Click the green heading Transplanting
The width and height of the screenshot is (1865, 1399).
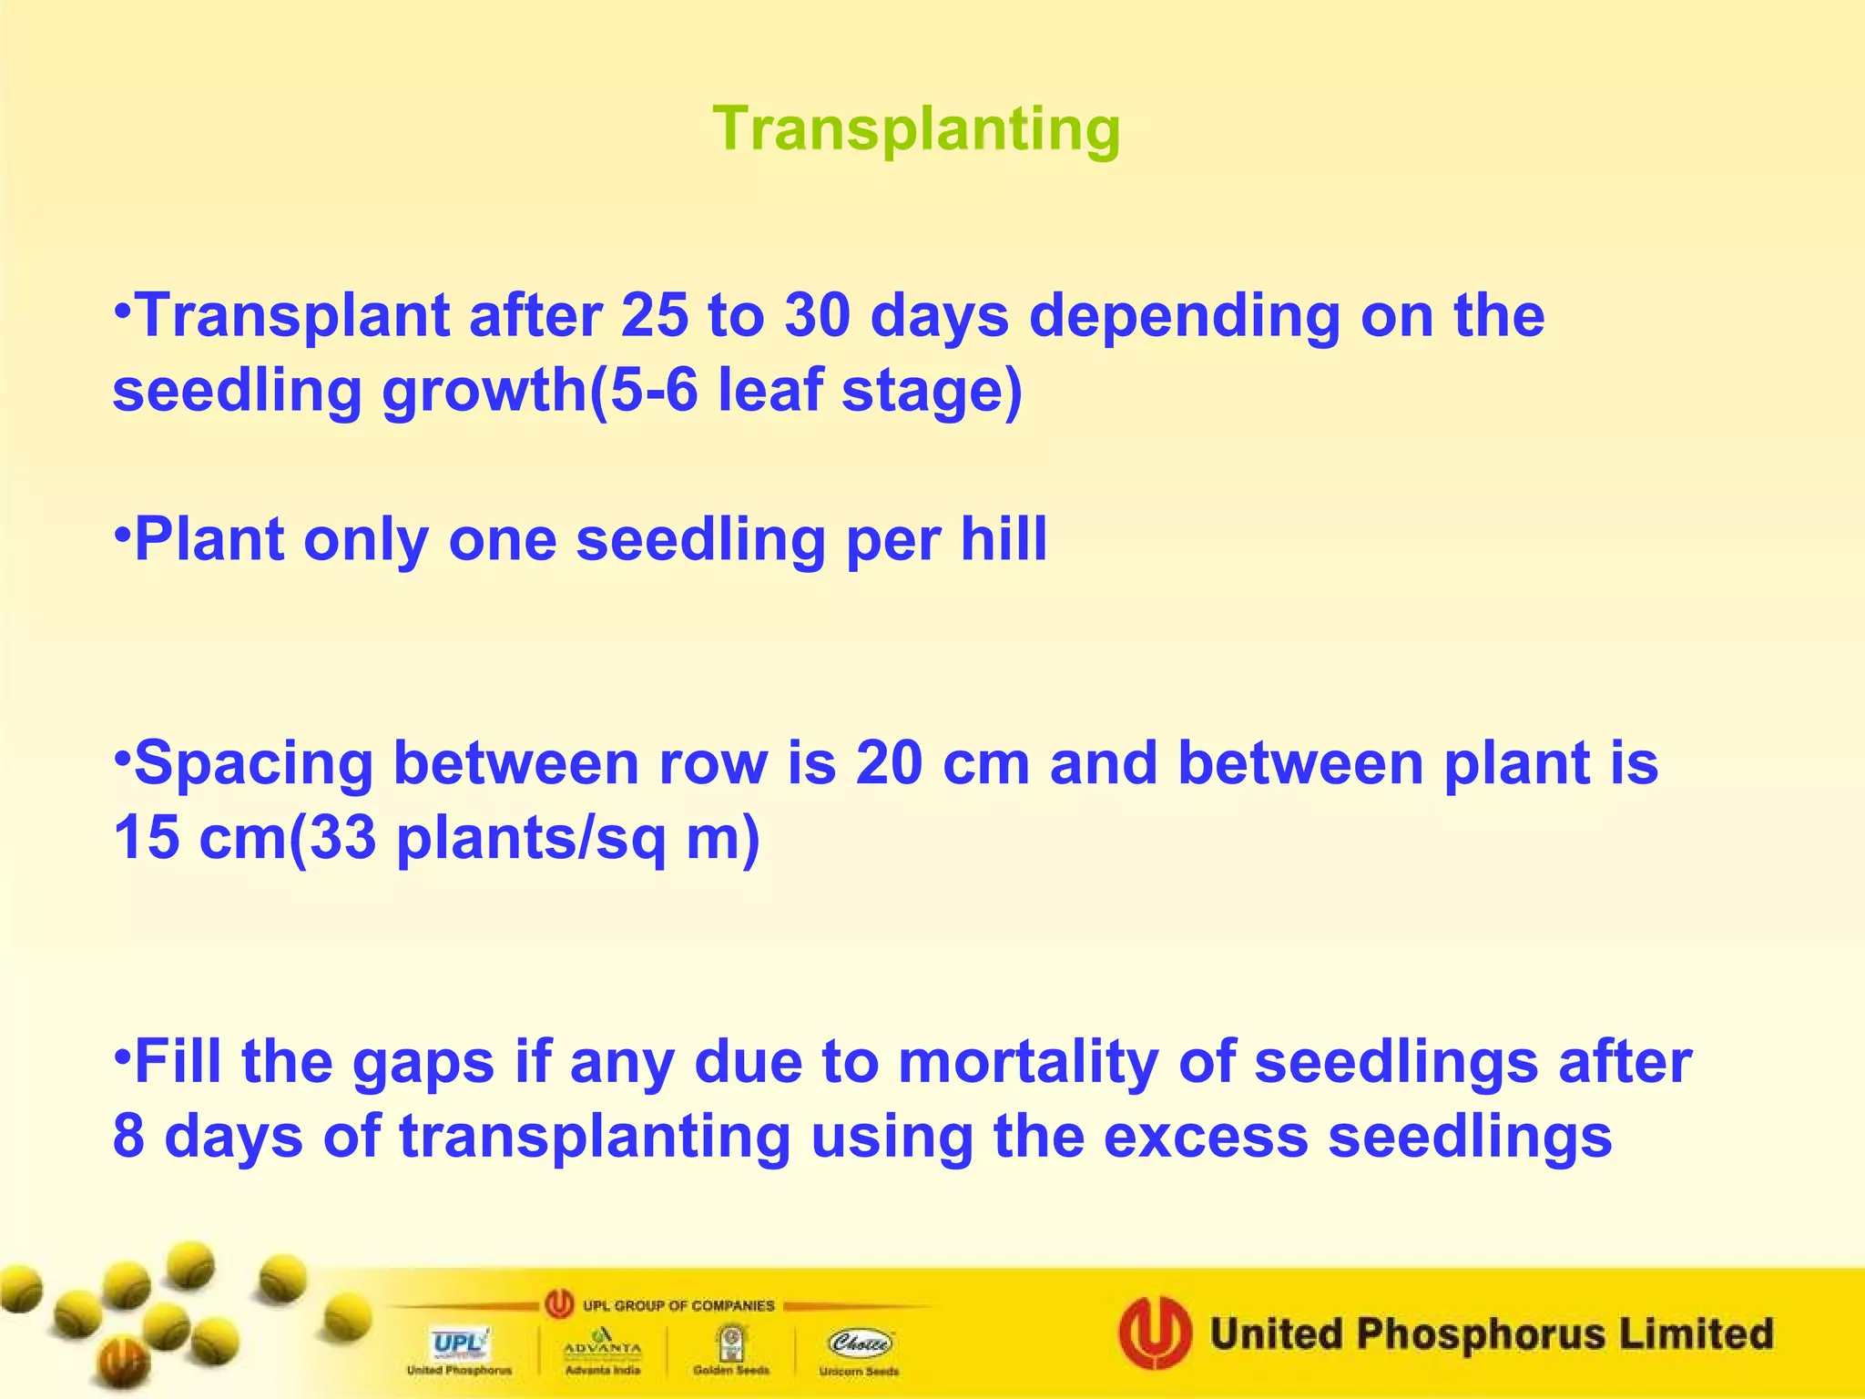916,129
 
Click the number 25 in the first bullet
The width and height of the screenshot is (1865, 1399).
654,316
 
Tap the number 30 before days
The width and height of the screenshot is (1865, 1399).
817,316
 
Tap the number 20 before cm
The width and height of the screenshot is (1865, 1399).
889,762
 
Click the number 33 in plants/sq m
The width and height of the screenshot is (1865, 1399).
342,837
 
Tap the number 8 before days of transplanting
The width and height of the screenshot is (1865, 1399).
128,1137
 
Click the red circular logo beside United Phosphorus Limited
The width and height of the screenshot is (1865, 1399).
1155,1333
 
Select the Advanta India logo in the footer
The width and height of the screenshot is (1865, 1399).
602,1351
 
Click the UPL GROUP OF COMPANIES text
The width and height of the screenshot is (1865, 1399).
678,1305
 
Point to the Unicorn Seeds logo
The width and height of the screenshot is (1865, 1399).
859,1351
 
